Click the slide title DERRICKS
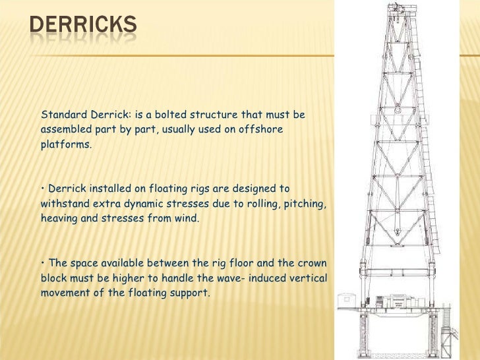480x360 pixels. tap(83, 26)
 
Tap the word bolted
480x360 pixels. tap(162, 115)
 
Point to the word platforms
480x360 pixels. tap(65, 144)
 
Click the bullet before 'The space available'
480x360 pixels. tap(42, 264)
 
